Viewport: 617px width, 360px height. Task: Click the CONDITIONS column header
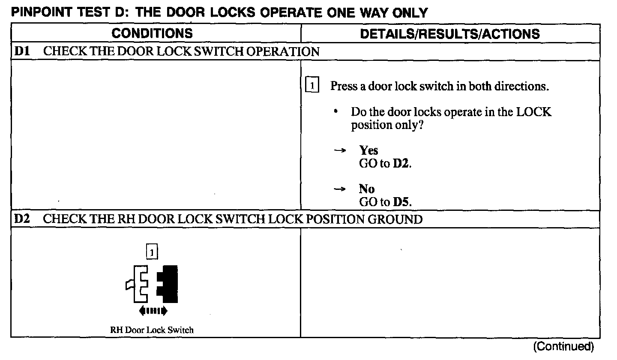[152, 33]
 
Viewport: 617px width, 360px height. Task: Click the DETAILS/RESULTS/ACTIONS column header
[449, 34]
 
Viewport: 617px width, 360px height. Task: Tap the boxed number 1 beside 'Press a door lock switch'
[312, 86]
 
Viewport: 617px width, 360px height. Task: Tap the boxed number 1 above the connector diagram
[152, 252]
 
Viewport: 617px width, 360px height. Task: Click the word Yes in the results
[368, 150]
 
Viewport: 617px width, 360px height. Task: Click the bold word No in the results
[367, 189]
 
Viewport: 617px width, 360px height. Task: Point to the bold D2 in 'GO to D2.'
[401, 164]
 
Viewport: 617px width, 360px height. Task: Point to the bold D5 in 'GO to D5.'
[401, 202]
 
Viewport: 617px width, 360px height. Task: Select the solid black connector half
[168, 283]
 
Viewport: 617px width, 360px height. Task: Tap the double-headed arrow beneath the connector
[153, 310]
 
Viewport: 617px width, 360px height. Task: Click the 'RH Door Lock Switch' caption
[152, 330]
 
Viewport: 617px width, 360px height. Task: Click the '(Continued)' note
[564, 346]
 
